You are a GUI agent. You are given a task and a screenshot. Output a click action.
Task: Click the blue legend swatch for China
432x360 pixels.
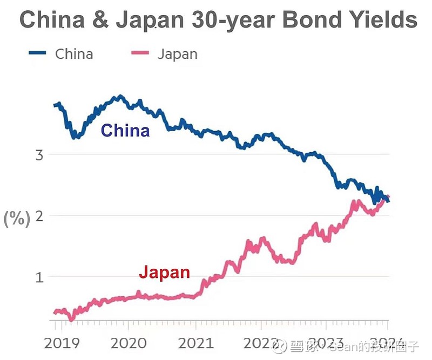pyautogui.click(x=39, y=53)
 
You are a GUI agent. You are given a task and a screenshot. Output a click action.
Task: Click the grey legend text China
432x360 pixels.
pyautogui.click(x=74, y=54)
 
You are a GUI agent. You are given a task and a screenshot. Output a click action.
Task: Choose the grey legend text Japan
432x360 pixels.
pyautogui.click(x=177, y=54)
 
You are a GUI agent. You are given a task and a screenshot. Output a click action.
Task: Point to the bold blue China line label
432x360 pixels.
pyautogui.click(x=125, y=131)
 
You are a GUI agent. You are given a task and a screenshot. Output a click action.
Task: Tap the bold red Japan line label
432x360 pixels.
pyautogui.click(x=164, y=272)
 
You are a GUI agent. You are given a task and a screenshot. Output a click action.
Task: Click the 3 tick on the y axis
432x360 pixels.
pyautogui.click(x=39, y=155)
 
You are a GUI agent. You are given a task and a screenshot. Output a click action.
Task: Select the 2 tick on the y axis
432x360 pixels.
pyautogui.click(x=39, y=216)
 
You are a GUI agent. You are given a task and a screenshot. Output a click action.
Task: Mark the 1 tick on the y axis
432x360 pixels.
pyautogui.click(x=39, y=277)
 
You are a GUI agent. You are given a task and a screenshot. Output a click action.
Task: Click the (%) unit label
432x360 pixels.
pyautogui.click(x=17, y=219)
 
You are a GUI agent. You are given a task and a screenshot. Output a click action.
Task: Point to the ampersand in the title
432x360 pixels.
pyautogui.click(x=100, y=20)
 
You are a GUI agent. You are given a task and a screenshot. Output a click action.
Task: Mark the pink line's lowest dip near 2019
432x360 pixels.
pyautogui.click(x=71, y=319)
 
